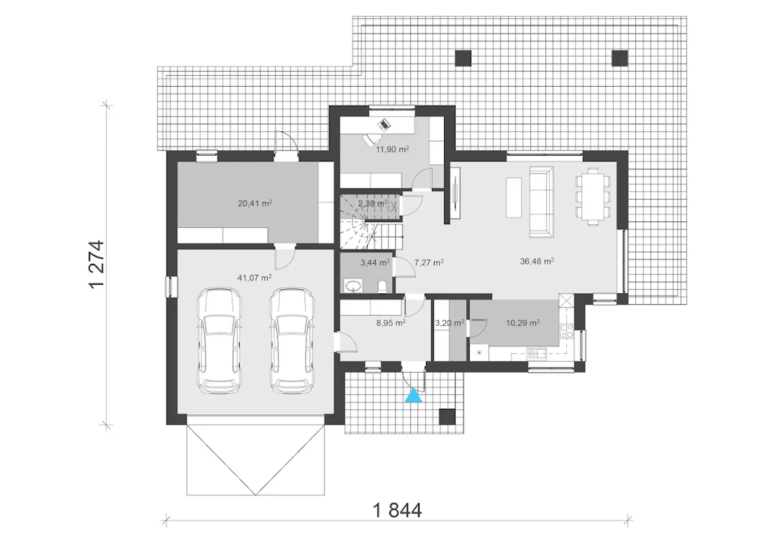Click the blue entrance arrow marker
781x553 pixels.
point(413,395)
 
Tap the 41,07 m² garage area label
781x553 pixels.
point(254,278)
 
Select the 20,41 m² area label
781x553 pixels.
point(255,203)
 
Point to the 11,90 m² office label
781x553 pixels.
point(392,150)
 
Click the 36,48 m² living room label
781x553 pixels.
point(537,261)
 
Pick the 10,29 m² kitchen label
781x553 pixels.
point(523,323)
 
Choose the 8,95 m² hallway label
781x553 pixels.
point(390,323)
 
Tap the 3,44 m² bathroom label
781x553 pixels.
point(375,263)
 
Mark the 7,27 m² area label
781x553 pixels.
point(429,263)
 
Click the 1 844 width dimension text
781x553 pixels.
point(397,510)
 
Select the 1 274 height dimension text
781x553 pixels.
point(96,265)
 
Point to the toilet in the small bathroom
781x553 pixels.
point(383,287)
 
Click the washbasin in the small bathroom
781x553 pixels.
point(353,286)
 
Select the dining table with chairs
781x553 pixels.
point(592,197)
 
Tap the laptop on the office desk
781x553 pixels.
point(384,124)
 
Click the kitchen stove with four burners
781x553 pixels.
point(567,331)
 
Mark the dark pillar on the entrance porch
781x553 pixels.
point(447,417)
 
